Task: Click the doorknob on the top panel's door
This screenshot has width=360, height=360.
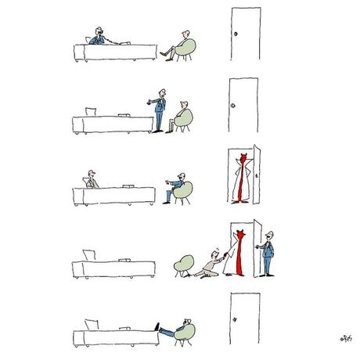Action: [236, 35]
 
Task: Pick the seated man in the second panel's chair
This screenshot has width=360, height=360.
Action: [182, 113]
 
